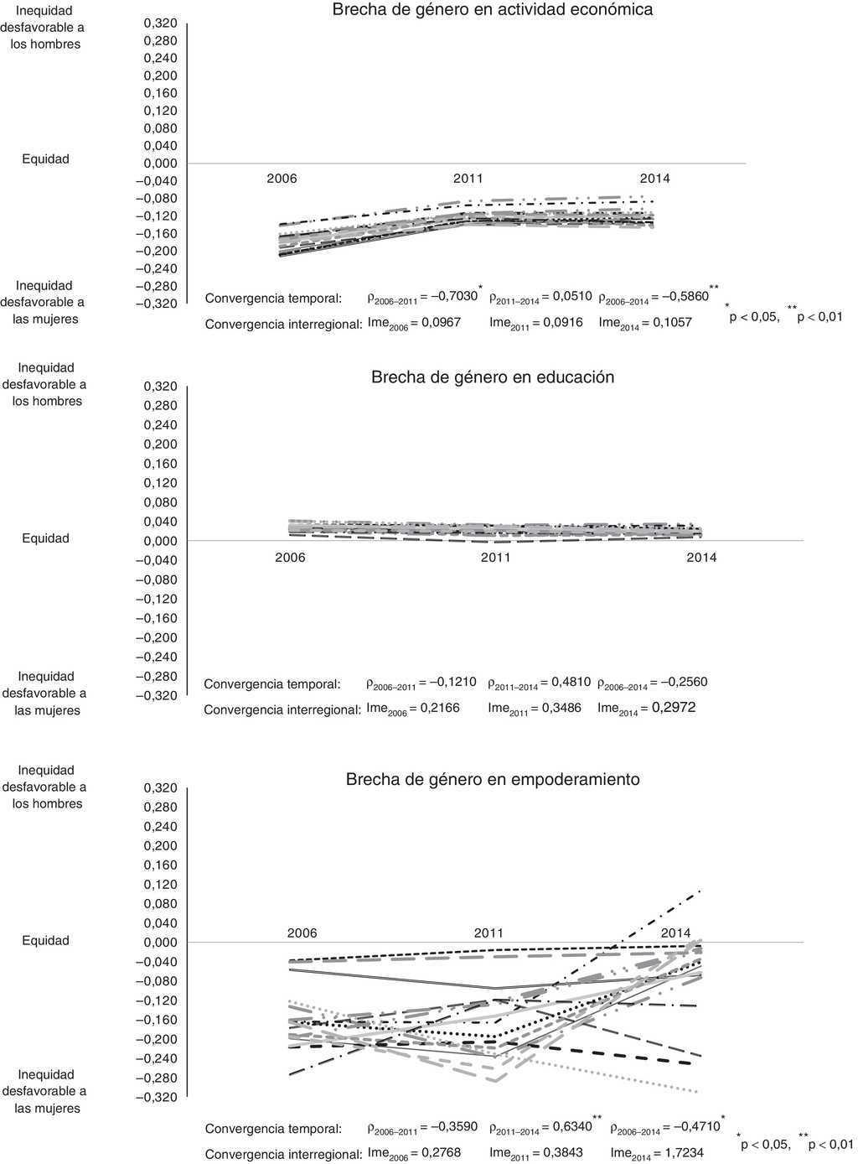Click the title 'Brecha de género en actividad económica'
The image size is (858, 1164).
pos(493,11)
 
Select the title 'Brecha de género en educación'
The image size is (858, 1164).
pos(493,377)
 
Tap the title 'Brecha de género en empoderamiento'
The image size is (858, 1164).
pos(493,780)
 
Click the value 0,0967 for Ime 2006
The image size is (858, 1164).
pos(441,323)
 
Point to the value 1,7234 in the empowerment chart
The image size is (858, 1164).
pos(684,1153)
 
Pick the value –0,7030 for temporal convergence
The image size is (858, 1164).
pos(449,296)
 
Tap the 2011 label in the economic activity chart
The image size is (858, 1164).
pos(468,179)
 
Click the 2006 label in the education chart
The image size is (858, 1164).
pos(290,558)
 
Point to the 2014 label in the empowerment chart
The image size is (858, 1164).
pos(676,933)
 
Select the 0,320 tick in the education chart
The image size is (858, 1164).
pos(161,387)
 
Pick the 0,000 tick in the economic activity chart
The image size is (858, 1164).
pos(161,164)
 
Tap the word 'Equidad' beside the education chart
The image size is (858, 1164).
pos(45,538)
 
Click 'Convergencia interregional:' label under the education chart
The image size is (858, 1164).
pos(282,709)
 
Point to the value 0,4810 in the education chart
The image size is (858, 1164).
pos(571,682)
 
